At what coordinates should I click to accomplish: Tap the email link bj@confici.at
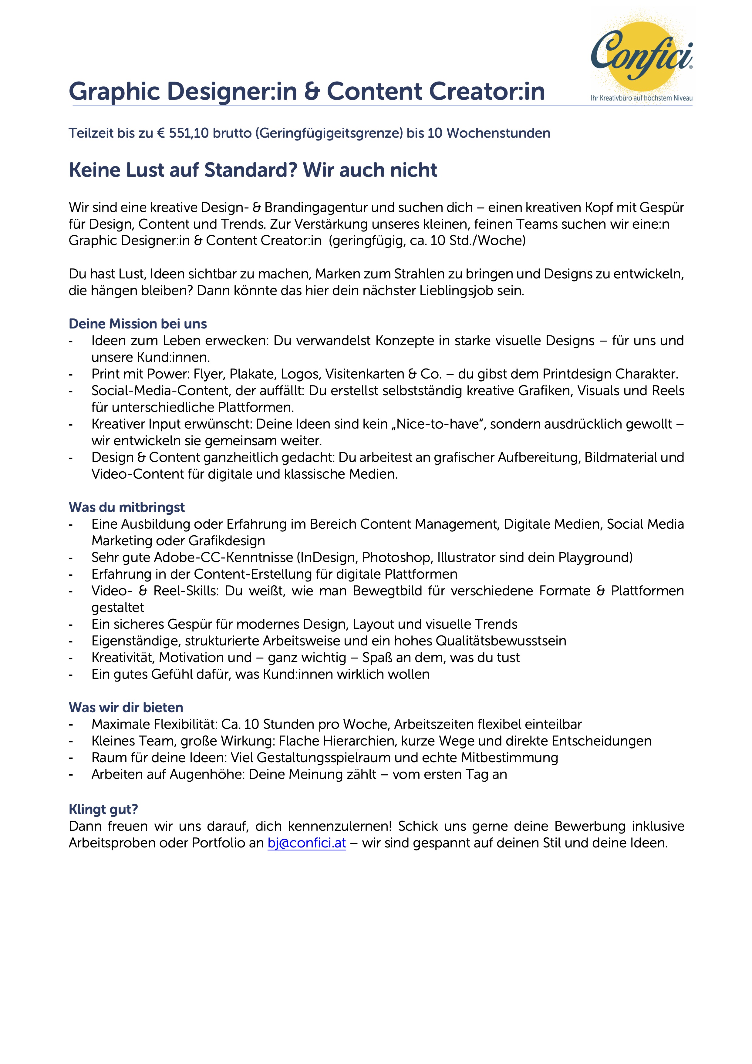(306, 843)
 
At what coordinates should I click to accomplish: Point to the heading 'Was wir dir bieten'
(126, 707)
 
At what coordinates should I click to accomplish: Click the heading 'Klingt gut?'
(103, 809)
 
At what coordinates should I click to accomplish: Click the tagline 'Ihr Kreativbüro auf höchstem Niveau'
(641, 98)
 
